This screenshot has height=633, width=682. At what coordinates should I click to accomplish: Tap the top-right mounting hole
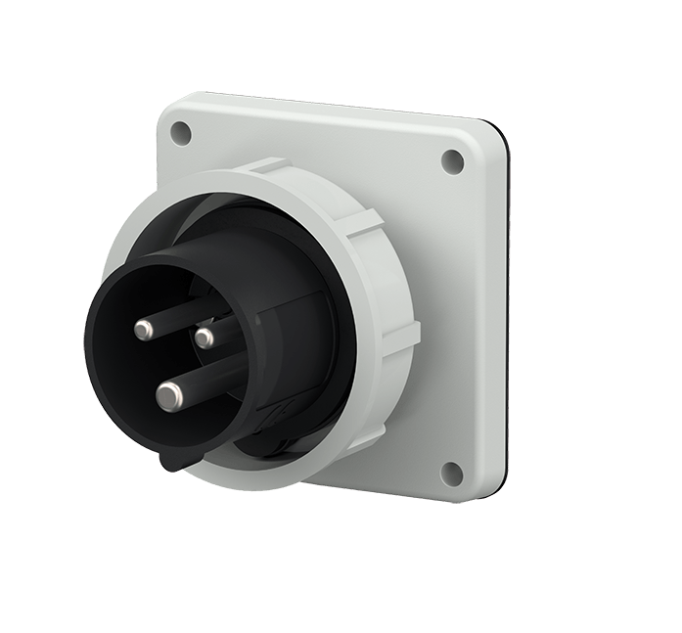click(x=452, y=161)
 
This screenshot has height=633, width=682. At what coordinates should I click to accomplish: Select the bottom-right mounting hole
click(x=451, y=474)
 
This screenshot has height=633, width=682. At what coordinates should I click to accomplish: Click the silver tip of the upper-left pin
click(x=144, y=331)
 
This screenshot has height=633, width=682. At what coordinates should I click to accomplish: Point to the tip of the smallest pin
click(x=205, y=339)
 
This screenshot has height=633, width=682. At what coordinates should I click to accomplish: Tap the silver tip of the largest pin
click(x=170, y=395)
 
